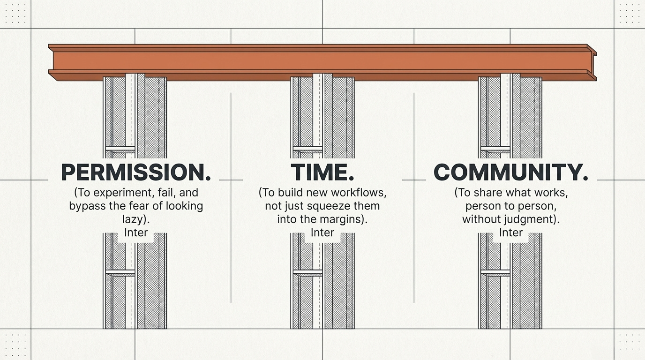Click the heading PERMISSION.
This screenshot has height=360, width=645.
[136, 172]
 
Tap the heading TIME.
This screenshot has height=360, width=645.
[322, 172]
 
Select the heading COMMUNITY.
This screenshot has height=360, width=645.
[510, 172]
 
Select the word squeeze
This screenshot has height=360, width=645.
[322, 206]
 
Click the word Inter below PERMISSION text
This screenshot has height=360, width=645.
[136, 232]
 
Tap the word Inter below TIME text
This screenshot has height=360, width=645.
[322, 232]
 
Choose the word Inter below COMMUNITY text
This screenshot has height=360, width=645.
[510, 232]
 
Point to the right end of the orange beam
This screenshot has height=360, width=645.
[592, 62]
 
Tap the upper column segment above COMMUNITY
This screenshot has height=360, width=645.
[510, 117]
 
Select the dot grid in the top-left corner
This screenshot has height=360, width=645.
[15, 14]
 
